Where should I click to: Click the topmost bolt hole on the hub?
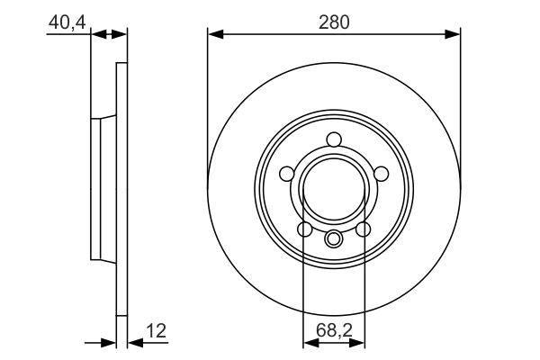click(334, 139)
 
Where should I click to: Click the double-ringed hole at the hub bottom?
click(334, 238)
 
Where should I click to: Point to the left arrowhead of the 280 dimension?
click(214, 34)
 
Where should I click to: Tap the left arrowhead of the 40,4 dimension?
click(97, 34)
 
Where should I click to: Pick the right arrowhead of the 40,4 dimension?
click(123, 34)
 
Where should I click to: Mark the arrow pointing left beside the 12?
click(135, 342)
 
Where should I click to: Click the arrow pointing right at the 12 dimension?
click(110, 342)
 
